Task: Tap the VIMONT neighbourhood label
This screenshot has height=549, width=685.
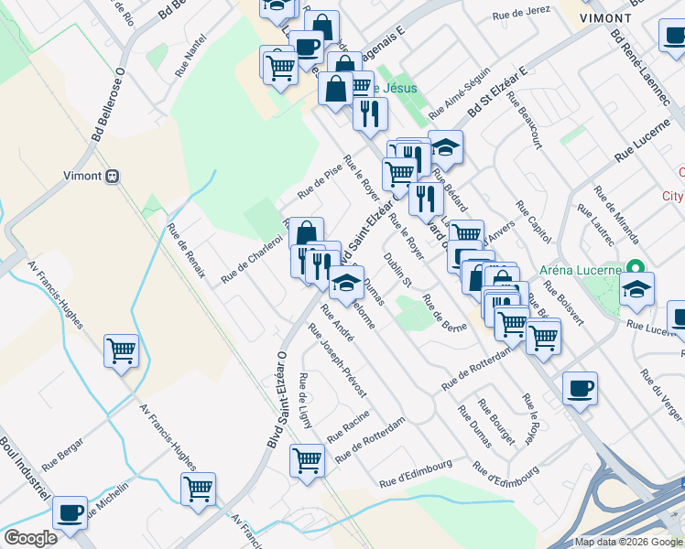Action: coord(632,18)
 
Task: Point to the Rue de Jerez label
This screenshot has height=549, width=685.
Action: coord(519,16)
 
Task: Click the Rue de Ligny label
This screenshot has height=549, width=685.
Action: coord(305,401)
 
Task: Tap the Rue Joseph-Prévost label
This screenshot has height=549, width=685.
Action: coord(339,361)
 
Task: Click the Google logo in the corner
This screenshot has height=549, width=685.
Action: coord(30,538)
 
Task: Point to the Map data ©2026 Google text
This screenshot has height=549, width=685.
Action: coord(627,542)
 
